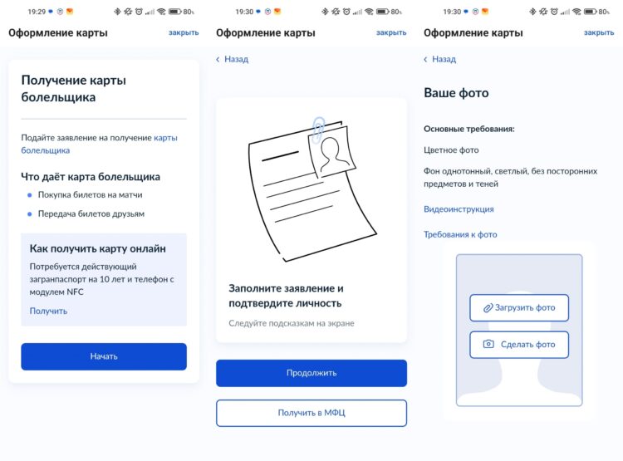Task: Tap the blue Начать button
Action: (104, 356)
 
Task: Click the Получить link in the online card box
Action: (48, 311)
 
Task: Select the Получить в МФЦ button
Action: (311, 413)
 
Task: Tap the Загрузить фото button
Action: (519, 307)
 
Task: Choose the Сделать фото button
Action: (519, 345)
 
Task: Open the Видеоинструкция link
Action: (459, 209)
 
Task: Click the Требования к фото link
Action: (460, 234)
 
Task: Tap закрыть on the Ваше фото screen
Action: (599, 32)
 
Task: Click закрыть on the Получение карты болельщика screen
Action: (184, 32)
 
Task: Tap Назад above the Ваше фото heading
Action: (439, 59)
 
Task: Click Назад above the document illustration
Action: (232, 59)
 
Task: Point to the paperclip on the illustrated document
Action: (318, 130)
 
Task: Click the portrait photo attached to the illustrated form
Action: (332, 152)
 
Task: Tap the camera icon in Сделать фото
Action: (488, 344)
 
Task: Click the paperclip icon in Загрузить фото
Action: (488, 308)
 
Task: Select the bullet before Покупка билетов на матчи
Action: (29, 195)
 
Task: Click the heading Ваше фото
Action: (456, 93)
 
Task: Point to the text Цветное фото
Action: (451, 150)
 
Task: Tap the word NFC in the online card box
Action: (75, 292)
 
